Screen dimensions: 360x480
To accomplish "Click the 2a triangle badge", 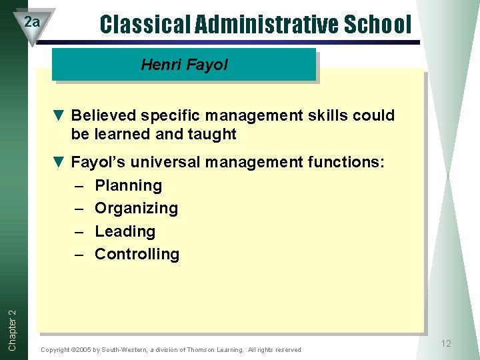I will click(x=32, y=23).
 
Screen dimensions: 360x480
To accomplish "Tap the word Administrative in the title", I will click(x=267, y=25).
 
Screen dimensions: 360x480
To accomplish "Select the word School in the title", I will click(x=379, y=25).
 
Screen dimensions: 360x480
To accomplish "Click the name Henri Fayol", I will click(x=184, y=65).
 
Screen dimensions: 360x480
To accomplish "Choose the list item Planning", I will click(x=128, y=185).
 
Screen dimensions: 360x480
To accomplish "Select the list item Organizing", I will click(x=136, y=208).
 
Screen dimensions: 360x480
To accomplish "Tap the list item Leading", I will click(x=125, y=231).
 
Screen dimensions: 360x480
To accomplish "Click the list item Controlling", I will click(x=137, y=254).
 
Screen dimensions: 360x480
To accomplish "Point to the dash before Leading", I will click(x=78, y=231).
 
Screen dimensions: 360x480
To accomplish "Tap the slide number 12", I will click(x=446, y=343).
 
